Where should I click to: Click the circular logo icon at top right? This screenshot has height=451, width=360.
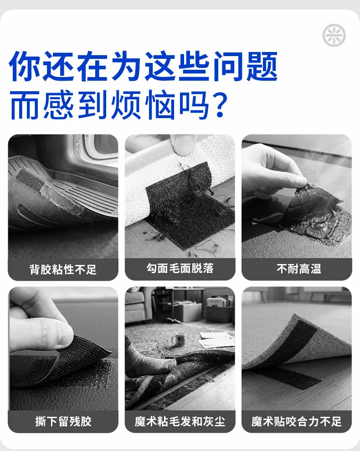pos(334,36)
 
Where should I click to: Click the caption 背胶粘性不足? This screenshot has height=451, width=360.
pos(63,270)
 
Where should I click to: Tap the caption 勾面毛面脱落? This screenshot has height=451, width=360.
pos(180,268)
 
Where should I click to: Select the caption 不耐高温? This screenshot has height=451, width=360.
pos(299,269)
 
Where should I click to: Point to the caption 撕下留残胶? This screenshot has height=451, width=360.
pos(63,421)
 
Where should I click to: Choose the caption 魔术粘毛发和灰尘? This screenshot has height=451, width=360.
pos(180,421)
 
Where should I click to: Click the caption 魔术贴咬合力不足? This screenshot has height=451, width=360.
pos(297,421)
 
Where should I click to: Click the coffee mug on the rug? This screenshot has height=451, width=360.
pos(179,339)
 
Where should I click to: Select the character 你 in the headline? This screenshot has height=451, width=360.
pos(24,66)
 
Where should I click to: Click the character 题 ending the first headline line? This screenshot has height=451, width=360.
pos(262,66)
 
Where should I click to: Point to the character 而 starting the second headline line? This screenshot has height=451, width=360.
pos(24,105)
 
